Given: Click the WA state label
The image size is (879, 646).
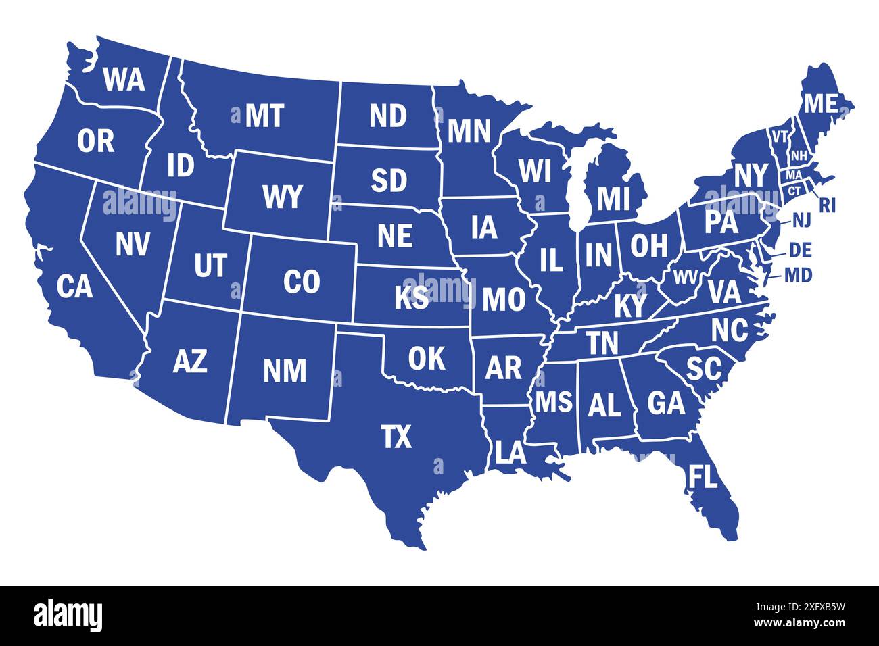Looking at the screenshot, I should (x=124, y=80).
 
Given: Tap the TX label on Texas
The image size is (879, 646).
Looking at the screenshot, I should (x=396, y=437).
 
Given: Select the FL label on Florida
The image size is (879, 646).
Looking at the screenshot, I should (x=702, y=477).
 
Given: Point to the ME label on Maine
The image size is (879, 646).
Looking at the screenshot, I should (x=820, y=103).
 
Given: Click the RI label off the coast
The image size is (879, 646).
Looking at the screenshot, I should (x=827, y=205).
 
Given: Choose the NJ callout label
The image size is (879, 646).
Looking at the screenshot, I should (x=801, y=220).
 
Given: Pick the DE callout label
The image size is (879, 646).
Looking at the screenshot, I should (x=800, y=250).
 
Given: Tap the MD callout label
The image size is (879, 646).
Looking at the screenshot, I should (x=799, y=275).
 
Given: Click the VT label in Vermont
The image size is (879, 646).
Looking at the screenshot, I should (x=780, y=136).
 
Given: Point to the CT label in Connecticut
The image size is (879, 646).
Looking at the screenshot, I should (x=794, y=191).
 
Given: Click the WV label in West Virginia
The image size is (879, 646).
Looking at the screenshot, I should (x=684, y=276).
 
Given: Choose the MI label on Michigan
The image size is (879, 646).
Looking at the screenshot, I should (x=613, y=199).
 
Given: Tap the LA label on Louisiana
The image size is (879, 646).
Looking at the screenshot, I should (x=510, y=452).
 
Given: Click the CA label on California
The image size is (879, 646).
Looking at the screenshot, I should (x=74, y=287).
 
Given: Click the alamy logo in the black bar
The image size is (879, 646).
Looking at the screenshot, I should (x=68, y=615).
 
